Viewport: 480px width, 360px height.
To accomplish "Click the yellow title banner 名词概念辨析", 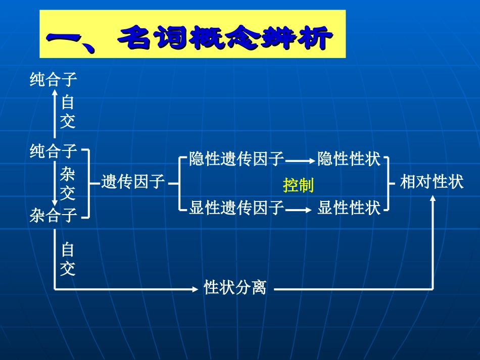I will tap(193, 35).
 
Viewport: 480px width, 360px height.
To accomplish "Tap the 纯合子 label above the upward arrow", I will tap(53, 80).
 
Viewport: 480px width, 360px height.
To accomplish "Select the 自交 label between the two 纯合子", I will tap(67, 112).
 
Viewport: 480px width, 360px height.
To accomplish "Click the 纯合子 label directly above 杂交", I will tap(53, 150).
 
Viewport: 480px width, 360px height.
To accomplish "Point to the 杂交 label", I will tap(67, 184).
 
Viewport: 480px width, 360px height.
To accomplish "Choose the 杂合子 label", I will tap(53, 216).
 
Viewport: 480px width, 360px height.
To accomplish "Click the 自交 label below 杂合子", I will tap(67, 259).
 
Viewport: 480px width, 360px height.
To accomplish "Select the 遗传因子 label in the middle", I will tap(133, 181).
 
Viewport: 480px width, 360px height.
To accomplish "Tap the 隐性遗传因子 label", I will tap(236, 159).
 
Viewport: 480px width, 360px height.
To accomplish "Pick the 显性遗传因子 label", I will tap(236, 208).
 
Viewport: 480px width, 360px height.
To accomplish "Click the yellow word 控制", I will tap(298, 185).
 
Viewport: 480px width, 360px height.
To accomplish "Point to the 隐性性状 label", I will tap(349, 159).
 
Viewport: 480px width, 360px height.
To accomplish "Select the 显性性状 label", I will tap(349, 208).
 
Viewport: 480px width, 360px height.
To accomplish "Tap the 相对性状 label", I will tap(431, 182).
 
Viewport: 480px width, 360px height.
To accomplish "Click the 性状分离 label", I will tap(235, 288).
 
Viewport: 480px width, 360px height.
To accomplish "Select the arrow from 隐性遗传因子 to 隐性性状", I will tap(300, 161).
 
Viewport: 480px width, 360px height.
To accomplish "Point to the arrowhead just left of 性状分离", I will tap(196, 289).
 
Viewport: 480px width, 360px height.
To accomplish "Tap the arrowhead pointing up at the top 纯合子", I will tap(55, 92).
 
